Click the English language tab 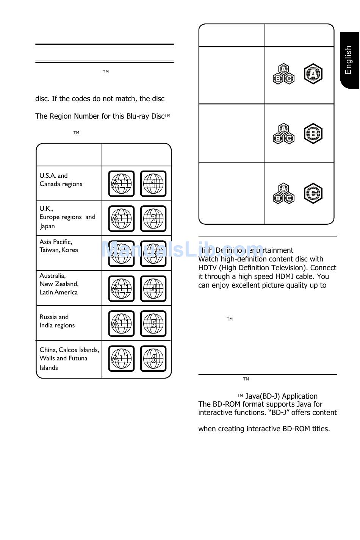[x=349, y=60]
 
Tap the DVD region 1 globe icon [x=153, y=184]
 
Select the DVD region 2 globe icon [x=153, y=219]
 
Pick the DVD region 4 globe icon [x=153, y=289]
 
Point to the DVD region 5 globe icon [x=153, y=324]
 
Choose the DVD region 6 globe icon [x=153, y=358]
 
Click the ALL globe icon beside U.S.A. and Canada [x=122, y=184]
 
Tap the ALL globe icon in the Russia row [x=122, y=324]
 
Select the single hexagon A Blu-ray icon [x=313, y=74]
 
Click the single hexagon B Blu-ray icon [x=313, y=133]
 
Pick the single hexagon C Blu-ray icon [x=313, y=193]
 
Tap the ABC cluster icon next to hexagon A [x=283, y=74]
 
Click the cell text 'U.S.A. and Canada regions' [x=61, y=180]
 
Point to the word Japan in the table [x=48, y=226]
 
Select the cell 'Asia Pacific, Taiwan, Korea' [x=59, y=246]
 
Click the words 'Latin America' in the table [x=58, y=293]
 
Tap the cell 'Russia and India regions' [x=57, y=321]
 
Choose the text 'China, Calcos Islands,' [x=69, y=350]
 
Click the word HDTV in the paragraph [x=208, y=268]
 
